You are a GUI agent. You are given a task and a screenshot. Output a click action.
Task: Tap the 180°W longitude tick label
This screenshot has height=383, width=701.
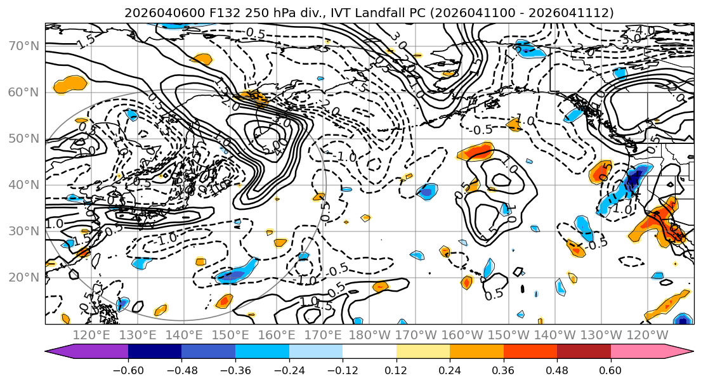pyautogui.click(x=369, y=335)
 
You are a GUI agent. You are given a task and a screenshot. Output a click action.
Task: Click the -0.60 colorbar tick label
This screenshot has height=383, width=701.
pyautogui.click(x=128, y=370)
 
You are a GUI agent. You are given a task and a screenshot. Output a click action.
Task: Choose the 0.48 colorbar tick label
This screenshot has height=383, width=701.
pyautogui.click(x=557, y=370)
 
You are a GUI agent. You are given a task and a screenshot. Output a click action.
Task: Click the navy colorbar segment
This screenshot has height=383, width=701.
pyautogui.click(x=155, y=352)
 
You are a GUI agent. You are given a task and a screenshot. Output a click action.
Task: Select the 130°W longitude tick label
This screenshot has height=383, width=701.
pyautogui.click(x=601, y=335)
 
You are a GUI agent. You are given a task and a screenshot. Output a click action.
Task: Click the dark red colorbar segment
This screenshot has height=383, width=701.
pyautogui.click(x=584, y=352)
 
